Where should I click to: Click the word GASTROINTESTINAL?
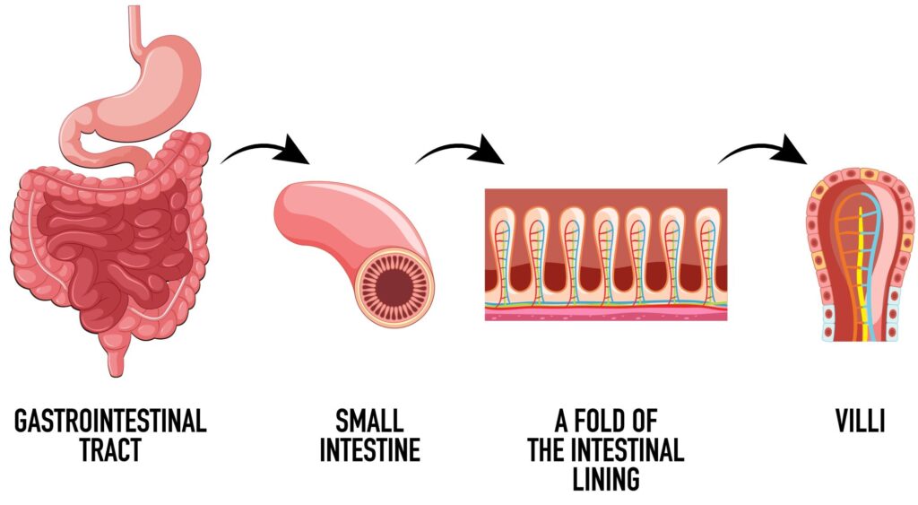click(x=110, y=421)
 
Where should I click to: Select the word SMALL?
click(x=368, y=421)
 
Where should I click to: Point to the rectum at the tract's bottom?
click(x=115, y=359)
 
